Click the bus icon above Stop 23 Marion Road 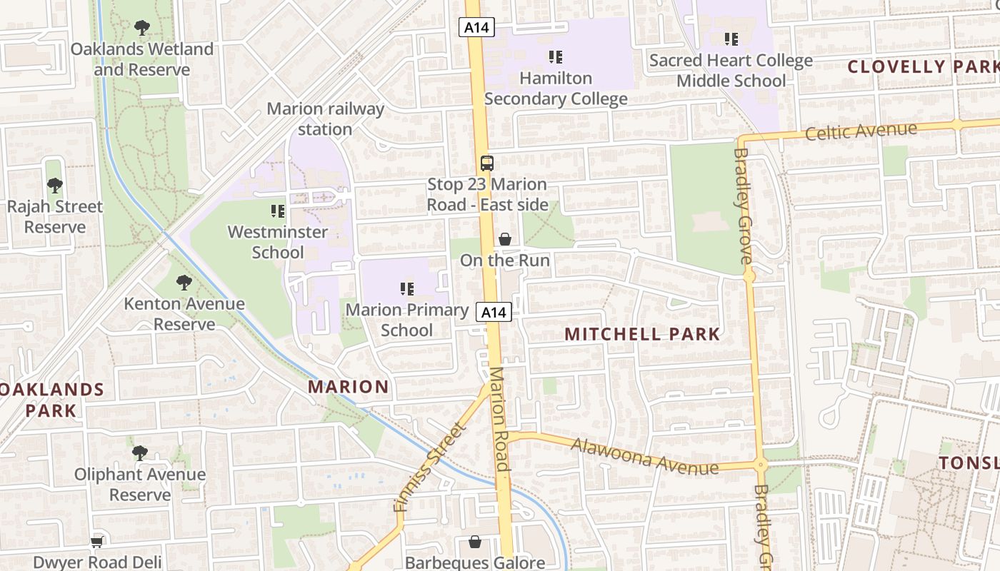(486, 163)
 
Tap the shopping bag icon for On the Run (505, 239)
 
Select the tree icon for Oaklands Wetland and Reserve (142, 28)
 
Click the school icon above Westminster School (278, 211)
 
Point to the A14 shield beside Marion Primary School (494, 312)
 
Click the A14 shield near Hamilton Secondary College (476, 27)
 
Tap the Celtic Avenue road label (861, 131)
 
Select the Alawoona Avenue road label (644, 456)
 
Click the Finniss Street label (430, 468)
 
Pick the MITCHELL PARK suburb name (643, 334)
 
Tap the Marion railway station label (325, 119)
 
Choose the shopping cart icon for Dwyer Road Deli (97, 542)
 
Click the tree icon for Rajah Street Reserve (54, 186)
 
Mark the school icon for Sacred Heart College (731, 39)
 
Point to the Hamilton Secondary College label (556, 89)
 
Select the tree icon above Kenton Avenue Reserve (184, 282)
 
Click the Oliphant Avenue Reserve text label (140, 485)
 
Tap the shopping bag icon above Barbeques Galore (474, 542)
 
